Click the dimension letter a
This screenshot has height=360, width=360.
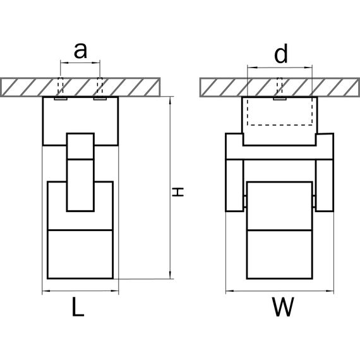80,51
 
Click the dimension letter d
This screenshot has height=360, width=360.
281,54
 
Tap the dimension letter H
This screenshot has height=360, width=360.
178,192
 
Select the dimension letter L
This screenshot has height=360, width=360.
78,307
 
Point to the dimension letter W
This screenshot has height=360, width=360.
283,307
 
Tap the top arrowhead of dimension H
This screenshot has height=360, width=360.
170,101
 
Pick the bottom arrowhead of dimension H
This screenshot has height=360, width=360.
170,275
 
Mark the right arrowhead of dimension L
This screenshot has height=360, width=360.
114,291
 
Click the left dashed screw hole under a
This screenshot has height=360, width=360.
61,87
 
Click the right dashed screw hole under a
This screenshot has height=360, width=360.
100,87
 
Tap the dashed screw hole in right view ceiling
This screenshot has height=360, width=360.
280,87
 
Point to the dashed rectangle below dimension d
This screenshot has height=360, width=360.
280,125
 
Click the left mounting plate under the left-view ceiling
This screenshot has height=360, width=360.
61,99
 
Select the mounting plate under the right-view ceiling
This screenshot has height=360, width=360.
280,99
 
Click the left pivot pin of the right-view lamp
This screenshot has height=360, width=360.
245,201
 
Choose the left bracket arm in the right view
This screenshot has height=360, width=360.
234,185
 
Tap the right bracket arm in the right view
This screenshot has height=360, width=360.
325,185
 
